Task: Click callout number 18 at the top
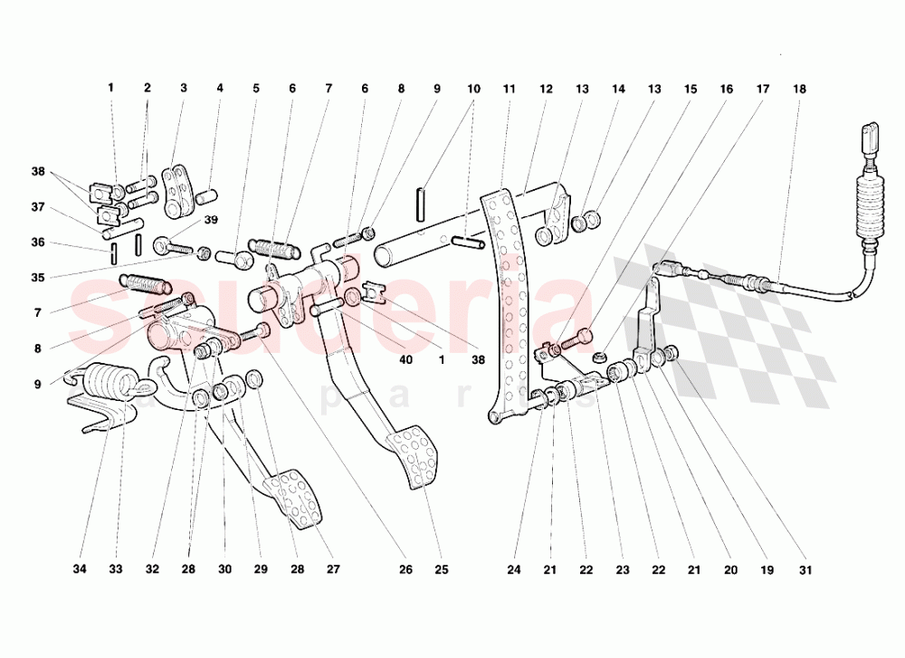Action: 799,89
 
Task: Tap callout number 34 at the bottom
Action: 80,569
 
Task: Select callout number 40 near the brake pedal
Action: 405,359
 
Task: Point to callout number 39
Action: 211,220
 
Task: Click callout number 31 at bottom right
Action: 805,569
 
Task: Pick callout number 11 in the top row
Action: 509,89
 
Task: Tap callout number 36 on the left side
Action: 37,243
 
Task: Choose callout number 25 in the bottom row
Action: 441,569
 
